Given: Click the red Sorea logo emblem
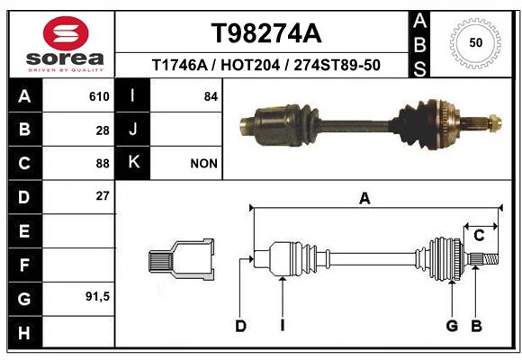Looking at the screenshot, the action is click(66, 33).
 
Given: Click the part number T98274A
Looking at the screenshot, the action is click(266, 33).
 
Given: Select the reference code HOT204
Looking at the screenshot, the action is click(250, 65).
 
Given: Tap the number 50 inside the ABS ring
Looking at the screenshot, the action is click(476, 42).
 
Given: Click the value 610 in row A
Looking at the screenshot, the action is click(99, 96).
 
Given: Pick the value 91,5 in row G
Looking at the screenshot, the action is click(97, 296).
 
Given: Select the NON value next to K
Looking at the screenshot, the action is click(203, 164).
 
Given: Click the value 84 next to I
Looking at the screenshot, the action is click(211, 96).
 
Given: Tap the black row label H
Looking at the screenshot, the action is click(24, 332).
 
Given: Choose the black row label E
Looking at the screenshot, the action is click(24, 230).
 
